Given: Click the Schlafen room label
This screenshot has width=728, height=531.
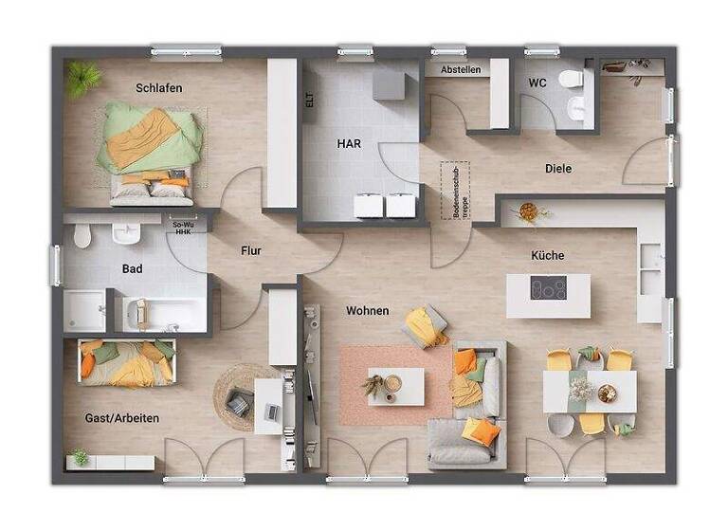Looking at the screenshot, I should click(x=158, y=88).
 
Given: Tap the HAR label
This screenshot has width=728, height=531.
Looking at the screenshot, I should click(x=349, y=144).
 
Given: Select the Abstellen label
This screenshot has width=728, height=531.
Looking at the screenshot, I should click(x=461, y=69).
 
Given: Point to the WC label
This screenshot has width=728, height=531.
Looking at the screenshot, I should click(x=537, y=82).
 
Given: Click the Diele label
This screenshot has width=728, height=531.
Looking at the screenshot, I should click(x=558, y=169).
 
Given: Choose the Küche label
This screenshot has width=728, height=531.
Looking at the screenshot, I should click(x=548, y=255).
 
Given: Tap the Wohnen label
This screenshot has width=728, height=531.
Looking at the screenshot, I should click(x=367, y=311).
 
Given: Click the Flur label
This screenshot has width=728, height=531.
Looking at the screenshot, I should click(x=250, y=251).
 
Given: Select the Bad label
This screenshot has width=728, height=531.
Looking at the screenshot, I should click(x=133, y=269).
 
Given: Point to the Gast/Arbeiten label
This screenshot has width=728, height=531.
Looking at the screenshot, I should click(x=121, y=417).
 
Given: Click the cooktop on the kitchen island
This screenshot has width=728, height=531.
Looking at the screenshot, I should click(x=548, y=288).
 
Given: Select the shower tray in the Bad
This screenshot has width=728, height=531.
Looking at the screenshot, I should click(x=86, y=311).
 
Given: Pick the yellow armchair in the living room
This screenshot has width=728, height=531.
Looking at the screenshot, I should click(x=426, y=326).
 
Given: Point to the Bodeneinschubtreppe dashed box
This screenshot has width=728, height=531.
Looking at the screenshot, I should click(x=454, y=190).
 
